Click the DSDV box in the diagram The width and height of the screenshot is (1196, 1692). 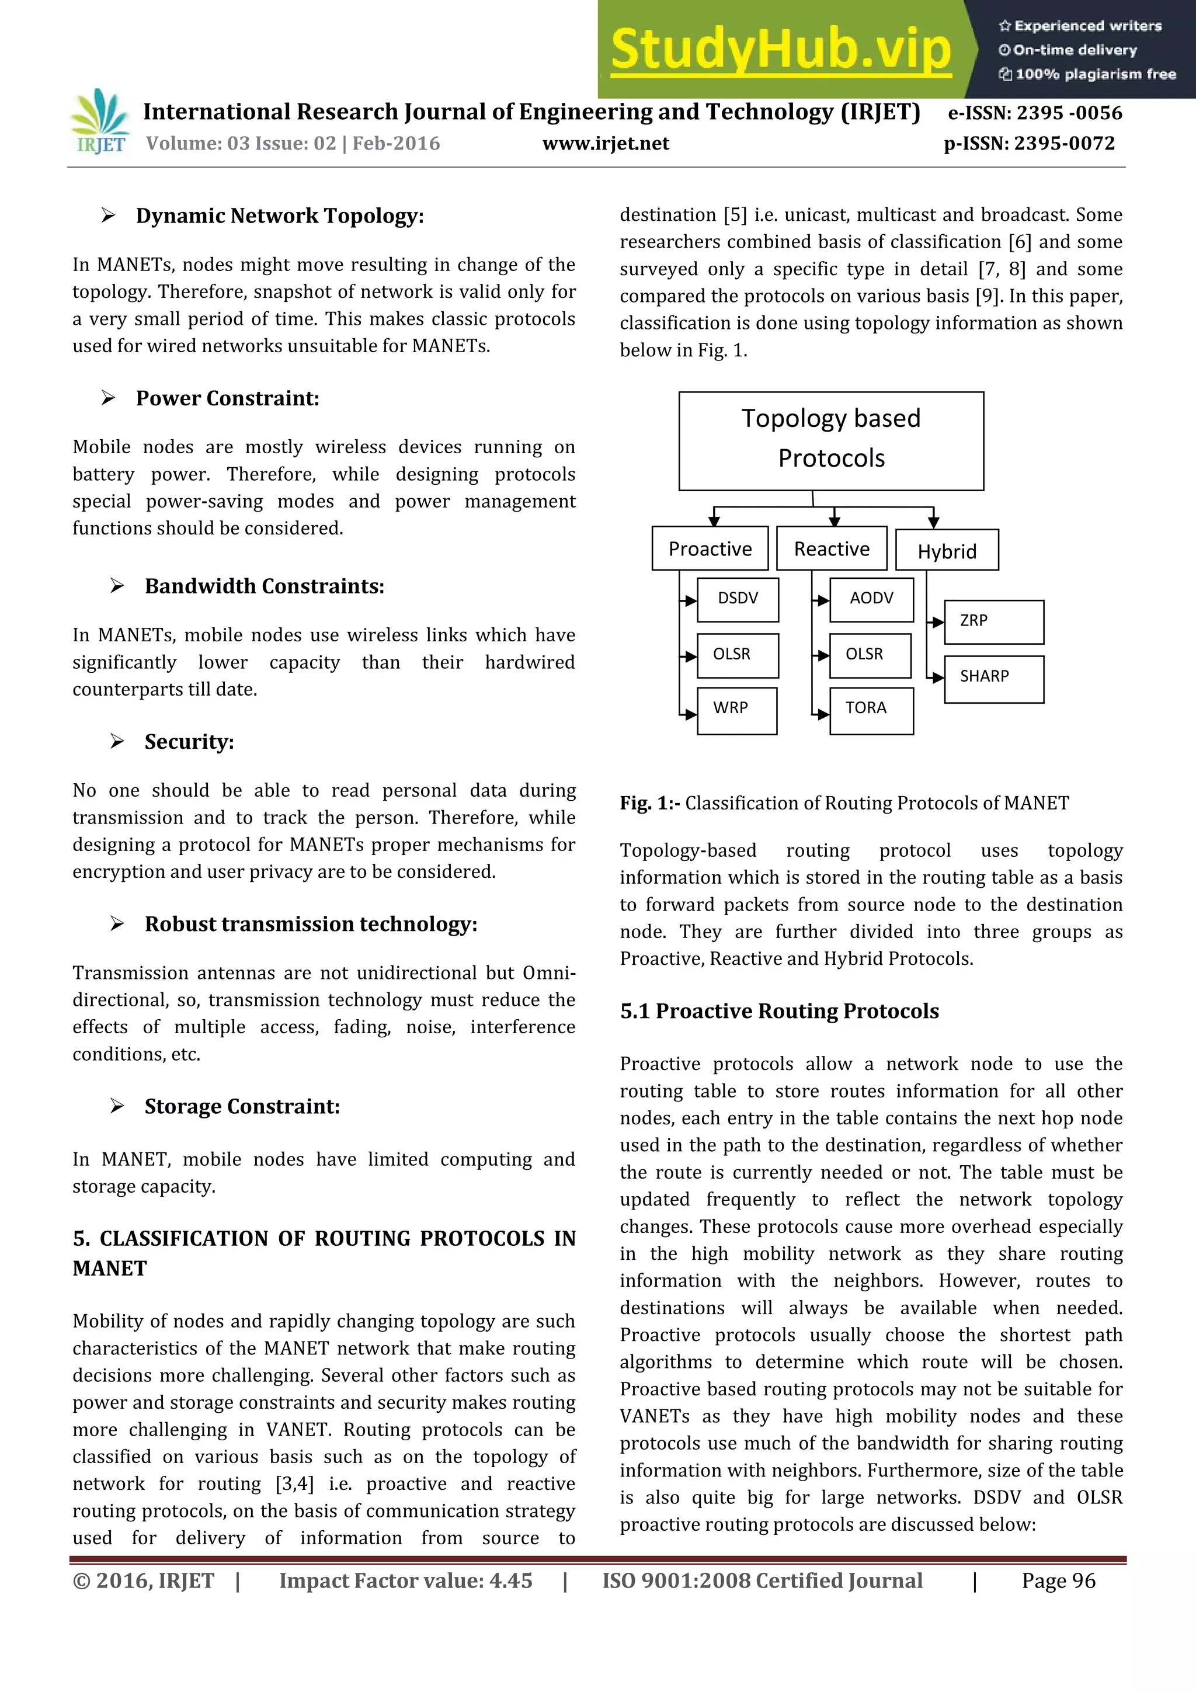[x=737, y=599]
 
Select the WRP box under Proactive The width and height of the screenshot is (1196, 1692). [x=736, y=710]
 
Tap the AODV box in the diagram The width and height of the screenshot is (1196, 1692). [x=871, y=599]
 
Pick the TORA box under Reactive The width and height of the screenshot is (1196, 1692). [x=871, y=710]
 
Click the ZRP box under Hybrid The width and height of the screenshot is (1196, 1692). [x=993, y=622]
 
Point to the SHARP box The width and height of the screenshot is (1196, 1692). [x=993, y=678]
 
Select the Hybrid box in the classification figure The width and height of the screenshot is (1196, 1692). [x=946, y=551]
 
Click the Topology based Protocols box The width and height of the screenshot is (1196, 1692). [x=830, y=440]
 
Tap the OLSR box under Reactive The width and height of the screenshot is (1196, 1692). [x=870, y=655]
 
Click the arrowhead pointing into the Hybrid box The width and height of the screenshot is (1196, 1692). [x=933, y=522]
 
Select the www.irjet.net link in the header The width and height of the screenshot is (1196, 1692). [x=605, y=144]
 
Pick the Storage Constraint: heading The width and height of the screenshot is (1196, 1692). [x=242, y=1106]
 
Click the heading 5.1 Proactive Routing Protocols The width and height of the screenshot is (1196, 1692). [x=779, y=1011]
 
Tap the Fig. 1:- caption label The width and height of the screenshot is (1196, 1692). [x=649, y=802]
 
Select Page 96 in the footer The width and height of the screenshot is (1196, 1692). [x=1058, y=1580]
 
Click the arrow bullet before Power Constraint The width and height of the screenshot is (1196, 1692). [x=108, y=398]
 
